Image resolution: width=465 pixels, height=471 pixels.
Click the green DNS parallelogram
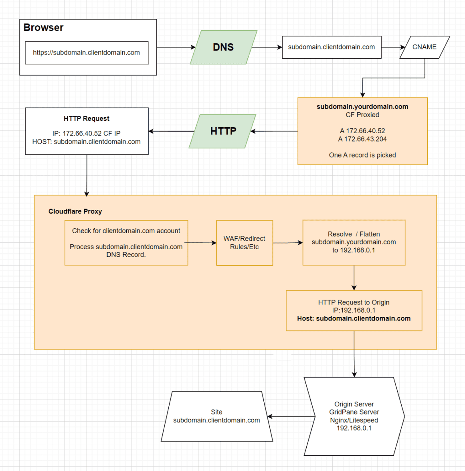click(223, 47)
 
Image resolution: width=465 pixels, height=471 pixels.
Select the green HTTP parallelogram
click(223, 131)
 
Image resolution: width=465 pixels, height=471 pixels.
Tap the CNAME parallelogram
click(424, 47)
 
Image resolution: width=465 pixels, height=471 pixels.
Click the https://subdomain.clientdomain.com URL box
click(86, 53)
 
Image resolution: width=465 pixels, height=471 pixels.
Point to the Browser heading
click(43, 28)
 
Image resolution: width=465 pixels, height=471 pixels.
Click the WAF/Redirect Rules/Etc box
click(244, 243)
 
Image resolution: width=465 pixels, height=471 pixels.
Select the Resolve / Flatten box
click(354, 242)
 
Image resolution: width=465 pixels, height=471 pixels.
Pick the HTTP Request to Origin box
click(354, 311)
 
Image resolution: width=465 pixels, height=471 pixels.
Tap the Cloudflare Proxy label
click(75, 211)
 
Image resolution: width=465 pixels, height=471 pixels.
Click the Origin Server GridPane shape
click(354, 416)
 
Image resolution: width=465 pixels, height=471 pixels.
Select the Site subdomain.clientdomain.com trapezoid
click(216, 416)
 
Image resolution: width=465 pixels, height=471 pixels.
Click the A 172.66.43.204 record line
click(362, 139)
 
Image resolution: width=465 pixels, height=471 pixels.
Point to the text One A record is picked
click(362, 155)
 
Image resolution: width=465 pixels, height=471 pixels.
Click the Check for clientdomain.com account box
click(126, 243)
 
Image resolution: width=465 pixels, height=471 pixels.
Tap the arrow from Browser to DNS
click(175, 47)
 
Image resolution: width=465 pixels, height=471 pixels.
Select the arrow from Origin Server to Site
click(291, 416)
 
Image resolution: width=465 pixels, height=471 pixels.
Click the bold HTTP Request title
click(86, 119)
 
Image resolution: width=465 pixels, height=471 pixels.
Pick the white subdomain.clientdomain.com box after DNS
click(332, 47)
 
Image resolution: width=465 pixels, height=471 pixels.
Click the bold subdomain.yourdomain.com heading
click(362, 107)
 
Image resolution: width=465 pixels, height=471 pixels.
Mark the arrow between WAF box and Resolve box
click(287, 243)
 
